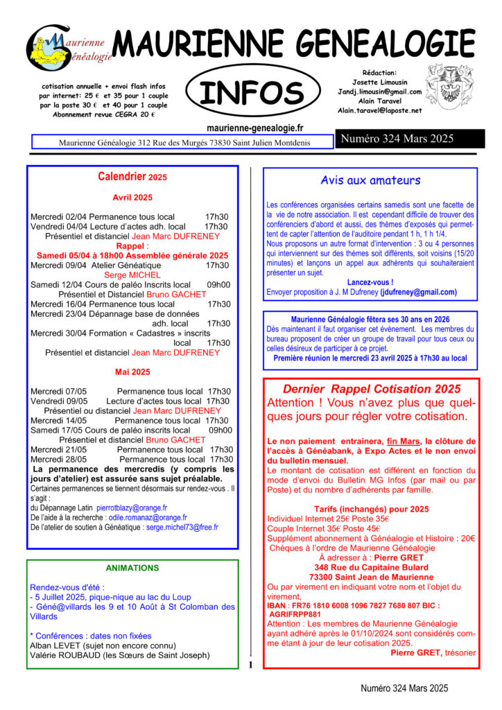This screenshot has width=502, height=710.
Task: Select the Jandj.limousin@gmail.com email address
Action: [x=379, y=92]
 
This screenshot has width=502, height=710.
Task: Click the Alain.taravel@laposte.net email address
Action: [x=379, y=110]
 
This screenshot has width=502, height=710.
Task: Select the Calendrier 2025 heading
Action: [x=132, y=177]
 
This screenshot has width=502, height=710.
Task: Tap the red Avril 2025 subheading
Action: [x=132, y=198]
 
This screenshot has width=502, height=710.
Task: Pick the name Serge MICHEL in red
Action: [x=132, y=275]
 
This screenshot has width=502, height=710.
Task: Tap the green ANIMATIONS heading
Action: [x=132, y=568]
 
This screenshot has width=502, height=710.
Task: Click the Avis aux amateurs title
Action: [x=370, y=181]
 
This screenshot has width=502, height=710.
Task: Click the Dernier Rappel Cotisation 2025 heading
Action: [x=371, y=389]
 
